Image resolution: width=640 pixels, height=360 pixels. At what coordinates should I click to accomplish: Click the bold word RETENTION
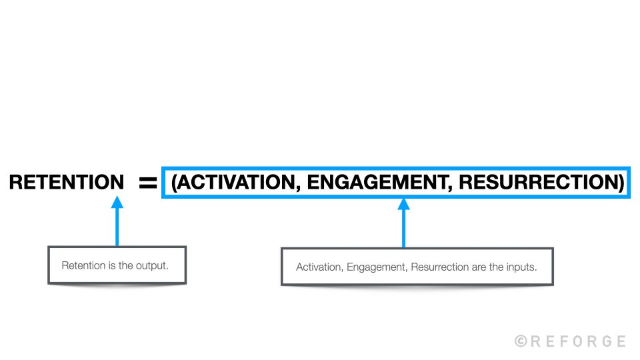(x=66, y=182)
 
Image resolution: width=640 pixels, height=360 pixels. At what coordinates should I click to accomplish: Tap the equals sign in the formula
(x=147, y=183)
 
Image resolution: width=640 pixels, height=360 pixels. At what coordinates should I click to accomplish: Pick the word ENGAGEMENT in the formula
(x=376, y=183)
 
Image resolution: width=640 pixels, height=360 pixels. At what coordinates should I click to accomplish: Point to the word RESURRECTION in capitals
(x=538, y=183)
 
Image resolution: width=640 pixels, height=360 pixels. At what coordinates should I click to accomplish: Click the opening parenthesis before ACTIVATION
(x=174, y=183)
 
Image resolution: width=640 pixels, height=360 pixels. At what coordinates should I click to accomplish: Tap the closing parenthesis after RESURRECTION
(x=621, y=183)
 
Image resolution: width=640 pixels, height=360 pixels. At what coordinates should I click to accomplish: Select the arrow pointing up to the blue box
(x=403, y=223)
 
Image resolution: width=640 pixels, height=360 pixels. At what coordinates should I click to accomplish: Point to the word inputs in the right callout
(x=522, y=267)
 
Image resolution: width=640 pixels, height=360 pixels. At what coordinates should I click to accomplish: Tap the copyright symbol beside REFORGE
(x=521, y=341)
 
